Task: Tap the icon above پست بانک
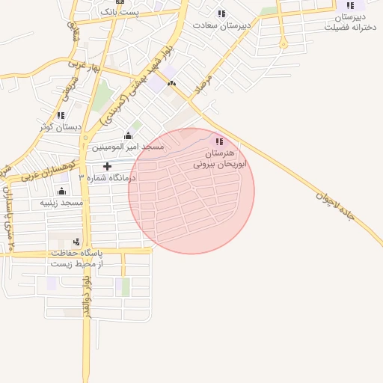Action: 120,2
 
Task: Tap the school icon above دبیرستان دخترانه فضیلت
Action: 350,4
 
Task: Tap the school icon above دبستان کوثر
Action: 61,115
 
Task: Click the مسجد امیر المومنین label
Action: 128,147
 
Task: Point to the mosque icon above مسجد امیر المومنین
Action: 128,135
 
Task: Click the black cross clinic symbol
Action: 107,166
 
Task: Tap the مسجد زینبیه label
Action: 61,203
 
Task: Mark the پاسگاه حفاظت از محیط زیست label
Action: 76,259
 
